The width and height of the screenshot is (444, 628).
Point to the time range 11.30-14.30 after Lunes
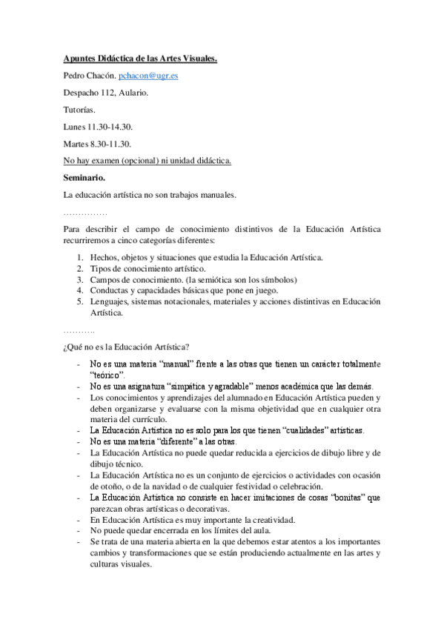click(110, 127)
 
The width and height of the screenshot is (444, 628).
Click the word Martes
click(76, 144)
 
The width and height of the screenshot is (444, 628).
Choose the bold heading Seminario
click(84, 178)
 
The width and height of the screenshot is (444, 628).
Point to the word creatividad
click(269, 519)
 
